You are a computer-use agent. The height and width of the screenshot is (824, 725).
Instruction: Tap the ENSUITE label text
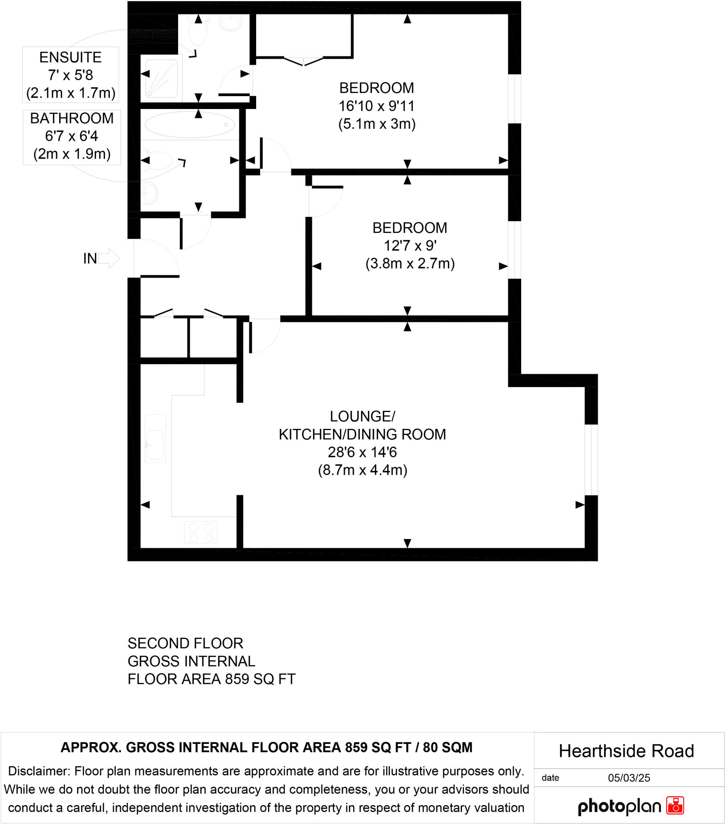pos(70,57)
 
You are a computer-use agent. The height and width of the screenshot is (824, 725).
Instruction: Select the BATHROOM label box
pos(72,137)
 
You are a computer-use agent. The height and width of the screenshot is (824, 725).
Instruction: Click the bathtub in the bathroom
pos(189,125)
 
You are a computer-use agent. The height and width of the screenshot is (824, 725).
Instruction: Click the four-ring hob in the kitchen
pos(201,532)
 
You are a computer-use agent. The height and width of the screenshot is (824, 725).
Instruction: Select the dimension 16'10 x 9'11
pos(376,106)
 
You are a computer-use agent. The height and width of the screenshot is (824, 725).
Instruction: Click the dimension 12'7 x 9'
pos(410,245)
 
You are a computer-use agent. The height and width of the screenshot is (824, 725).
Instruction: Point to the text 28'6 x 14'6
pos(362,452)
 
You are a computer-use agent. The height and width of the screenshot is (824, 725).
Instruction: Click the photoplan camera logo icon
pos(675,805)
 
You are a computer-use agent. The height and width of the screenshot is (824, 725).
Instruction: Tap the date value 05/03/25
pos(628,778)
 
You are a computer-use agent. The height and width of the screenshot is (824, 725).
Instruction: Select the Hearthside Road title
pos(626,751)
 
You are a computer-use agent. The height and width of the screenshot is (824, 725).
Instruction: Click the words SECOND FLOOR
pos(185,643)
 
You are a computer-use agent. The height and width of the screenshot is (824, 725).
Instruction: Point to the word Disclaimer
pos(39,771)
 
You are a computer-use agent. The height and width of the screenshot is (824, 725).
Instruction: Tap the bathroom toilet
pos(160,161)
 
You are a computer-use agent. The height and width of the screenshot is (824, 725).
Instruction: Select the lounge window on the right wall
pos(591,459)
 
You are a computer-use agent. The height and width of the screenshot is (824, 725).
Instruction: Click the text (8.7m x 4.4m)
pos(362,470)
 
